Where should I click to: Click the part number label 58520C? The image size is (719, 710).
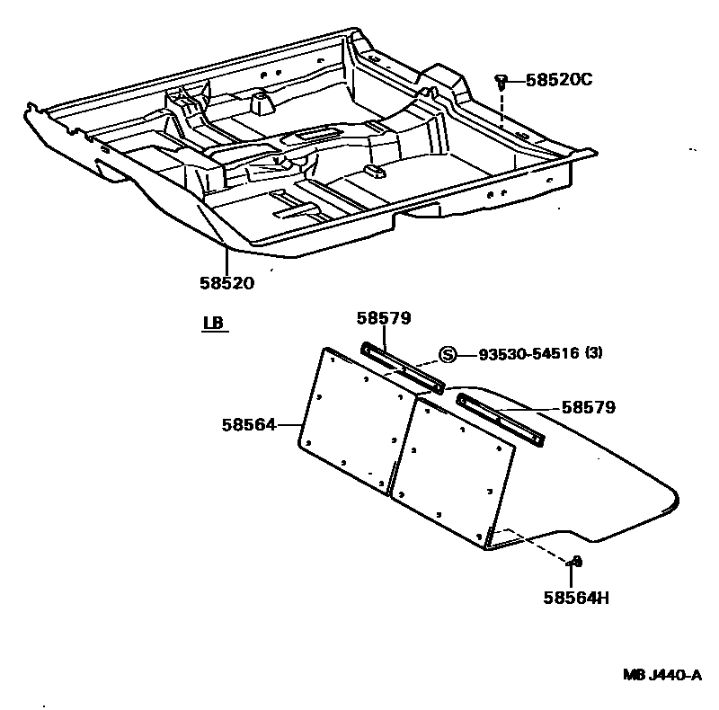pyautogui.click(x=559, y=80)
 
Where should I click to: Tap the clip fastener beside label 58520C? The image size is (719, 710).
pyautogui.click(x=501, y=82)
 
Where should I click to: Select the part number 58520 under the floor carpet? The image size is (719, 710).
pyautogui.click(x=227, y=283)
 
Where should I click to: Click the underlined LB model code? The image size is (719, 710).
pyautogui.click(x=213, y=323)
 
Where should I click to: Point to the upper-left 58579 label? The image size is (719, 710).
pyautogui.click(x=384, y=318)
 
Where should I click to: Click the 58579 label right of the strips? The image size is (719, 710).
pyautogui.click(x=589, y=407)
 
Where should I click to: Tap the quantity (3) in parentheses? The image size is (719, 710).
pyautogui.click(x=594, y=353)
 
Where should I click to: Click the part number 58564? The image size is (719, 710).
pyautogui.click(x=249, y=424)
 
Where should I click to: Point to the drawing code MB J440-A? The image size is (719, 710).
pyautogui.click(x=663, y=675)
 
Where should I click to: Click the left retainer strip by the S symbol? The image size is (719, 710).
pyautogui.click(x=402, y=367)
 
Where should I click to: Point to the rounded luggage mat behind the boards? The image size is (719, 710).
pyautogui.click(x=593, y=485)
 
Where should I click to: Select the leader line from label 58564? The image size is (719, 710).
pyautogui.click(x=288, y=424)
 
